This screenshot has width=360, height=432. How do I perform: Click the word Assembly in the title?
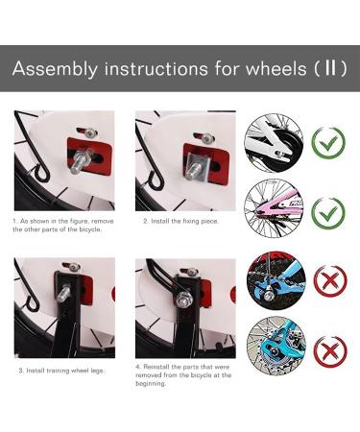point(56,69)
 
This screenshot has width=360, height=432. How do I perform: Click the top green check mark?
point(328,143)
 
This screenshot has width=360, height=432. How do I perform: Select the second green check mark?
point(328,212)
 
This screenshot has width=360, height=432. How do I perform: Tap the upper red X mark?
point(328,281)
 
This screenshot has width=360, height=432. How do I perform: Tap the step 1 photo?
point(63,160)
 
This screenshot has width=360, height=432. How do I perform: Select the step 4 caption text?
point(182,374)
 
